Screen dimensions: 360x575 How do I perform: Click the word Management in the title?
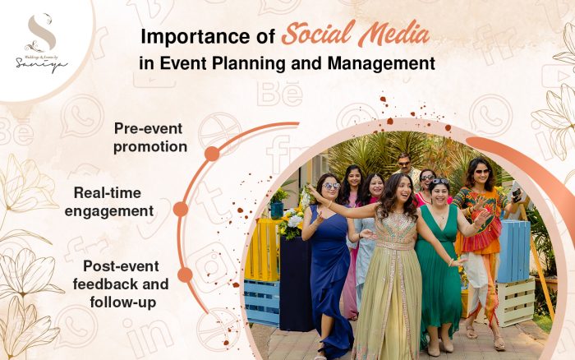[x=384, y=62]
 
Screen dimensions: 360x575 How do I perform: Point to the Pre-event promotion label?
[x=150, y=138]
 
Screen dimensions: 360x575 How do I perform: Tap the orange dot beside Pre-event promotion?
[x=212, y=154]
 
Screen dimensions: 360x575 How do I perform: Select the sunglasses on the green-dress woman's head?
[x=439, y=182]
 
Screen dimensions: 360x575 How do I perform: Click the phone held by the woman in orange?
[x=515, y=196]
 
